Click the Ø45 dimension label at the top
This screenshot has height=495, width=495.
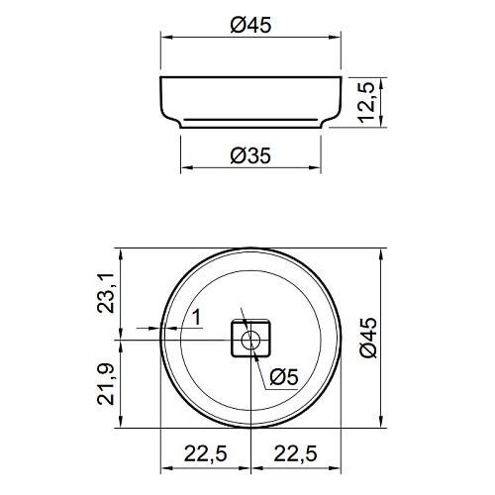[250, 25]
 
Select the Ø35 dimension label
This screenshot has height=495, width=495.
[250, 155]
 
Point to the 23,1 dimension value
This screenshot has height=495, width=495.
[106, 293]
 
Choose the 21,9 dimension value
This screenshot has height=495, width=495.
[106, 385]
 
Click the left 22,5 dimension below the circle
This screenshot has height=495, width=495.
[206, 453]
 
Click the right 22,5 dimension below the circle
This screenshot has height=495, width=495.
[296, 453]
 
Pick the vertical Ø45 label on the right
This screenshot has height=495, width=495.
[368, 338]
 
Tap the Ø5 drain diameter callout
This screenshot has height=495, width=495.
[284, 377]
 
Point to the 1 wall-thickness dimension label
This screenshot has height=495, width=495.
[197, 318]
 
